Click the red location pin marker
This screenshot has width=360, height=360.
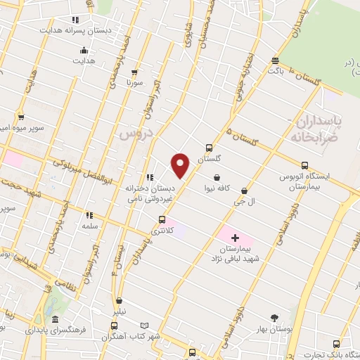181,165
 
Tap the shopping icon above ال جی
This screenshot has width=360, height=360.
244,191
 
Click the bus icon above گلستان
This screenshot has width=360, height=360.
209,148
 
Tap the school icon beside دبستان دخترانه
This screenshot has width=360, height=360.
149,177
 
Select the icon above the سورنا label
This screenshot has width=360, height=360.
134,71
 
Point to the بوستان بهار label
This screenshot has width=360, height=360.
274,329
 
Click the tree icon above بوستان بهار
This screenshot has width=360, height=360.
274,317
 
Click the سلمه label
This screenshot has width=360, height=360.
89,227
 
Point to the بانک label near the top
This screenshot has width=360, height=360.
276,71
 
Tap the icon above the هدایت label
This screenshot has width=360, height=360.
84,49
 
